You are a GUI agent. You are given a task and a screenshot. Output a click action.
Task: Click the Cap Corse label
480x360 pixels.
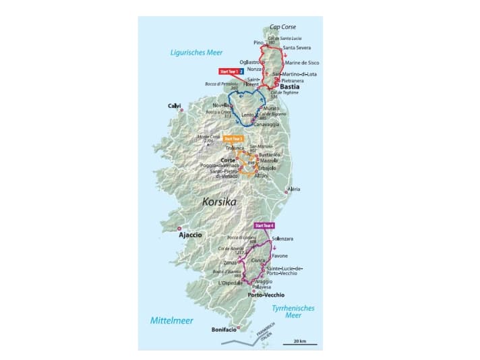point(283,27)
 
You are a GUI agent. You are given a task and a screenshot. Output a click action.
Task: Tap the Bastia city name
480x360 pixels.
point(290,87)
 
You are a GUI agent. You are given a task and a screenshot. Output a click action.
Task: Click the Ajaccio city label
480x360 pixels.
point(189,235)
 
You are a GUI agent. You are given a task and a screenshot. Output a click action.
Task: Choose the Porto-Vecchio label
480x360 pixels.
point(266,295)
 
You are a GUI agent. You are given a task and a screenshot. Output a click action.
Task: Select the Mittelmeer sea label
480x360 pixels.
point(172,321)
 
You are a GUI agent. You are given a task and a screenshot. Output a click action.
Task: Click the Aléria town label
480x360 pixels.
point(295,190)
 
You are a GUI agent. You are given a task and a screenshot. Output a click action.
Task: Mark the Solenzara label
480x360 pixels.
point(282,239)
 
